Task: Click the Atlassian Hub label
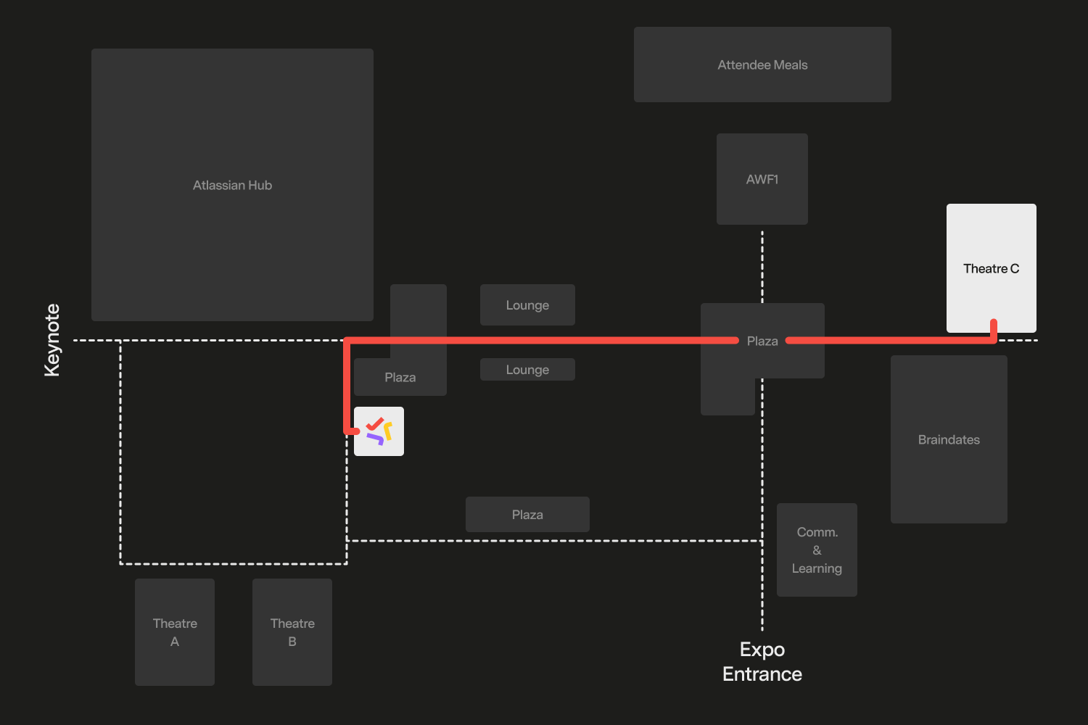(232, 186)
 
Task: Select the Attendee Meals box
(762, 65)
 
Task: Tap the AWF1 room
(762, 179)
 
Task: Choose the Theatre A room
(175, 631)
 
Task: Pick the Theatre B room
(292, 631)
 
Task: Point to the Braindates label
(949, 440)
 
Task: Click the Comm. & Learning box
(817, 550)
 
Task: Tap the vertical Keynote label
(52, 340)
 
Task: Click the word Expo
(762, 650)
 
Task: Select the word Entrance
(762, 674)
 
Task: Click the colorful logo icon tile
(379, 431)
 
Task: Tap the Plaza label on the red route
(762, 341)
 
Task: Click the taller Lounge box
(527, 305)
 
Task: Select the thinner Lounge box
(527, 370)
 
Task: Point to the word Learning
(817, 568)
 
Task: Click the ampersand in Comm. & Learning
(817, 550)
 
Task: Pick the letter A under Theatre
(175, 642)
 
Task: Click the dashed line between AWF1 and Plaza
(762, 265)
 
